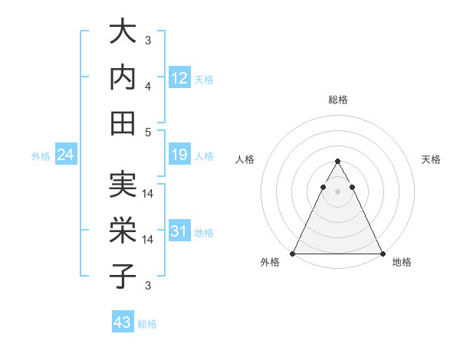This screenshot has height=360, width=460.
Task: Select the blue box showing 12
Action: click(179, 77)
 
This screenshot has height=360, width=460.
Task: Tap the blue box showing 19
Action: click(179, 155)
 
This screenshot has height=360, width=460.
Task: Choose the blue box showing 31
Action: click(179, 231)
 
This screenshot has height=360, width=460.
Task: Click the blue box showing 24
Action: click(65, 155)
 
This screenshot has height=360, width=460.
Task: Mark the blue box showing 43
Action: click(123, 322)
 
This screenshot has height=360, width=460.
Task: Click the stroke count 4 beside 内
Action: click(148, 86)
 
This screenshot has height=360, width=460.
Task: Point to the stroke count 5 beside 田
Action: click(148, 132)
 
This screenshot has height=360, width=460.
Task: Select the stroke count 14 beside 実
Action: click(149, 194)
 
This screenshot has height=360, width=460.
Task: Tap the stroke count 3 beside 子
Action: click(148, 286)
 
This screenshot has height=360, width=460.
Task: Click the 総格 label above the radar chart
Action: click(337, 100)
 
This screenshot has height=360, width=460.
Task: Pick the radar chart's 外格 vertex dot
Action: click(293, 254)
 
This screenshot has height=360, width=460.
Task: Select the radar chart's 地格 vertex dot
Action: click(383, 254)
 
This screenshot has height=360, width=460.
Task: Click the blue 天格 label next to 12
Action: click(204, 79)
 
